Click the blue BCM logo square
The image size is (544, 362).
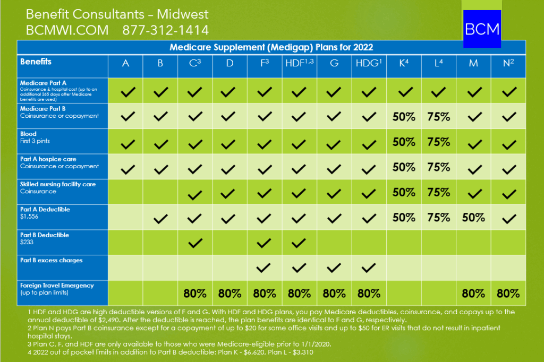click(482, 29)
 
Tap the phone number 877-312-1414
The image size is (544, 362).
click(165, 30)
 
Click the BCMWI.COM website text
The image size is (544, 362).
click(67, 30)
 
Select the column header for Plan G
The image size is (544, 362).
click(334, 64)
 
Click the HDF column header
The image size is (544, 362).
click(300, 64)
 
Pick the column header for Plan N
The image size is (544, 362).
click(509, 64)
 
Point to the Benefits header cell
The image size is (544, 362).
click(36, 62)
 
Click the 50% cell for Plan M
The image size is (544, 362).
click(473, 217)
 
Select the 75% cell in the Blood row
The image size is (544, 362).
click(438, 142)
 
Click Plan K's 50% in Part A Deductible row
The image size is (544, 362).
click(404, 217)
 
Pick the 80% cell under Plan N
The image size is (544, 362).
click(508, 293)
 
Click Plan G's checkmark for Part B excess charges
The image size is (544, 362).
click(334, 268)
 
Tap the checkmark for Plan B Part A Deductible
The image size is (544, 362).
click(160, 218)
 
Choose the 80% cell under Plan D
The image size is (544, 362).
click(230, 293)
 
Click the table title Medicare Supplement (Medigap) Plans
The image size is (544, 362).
click(271, 47)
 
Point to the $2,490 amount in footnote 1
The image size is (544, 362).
click(121, 320)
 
